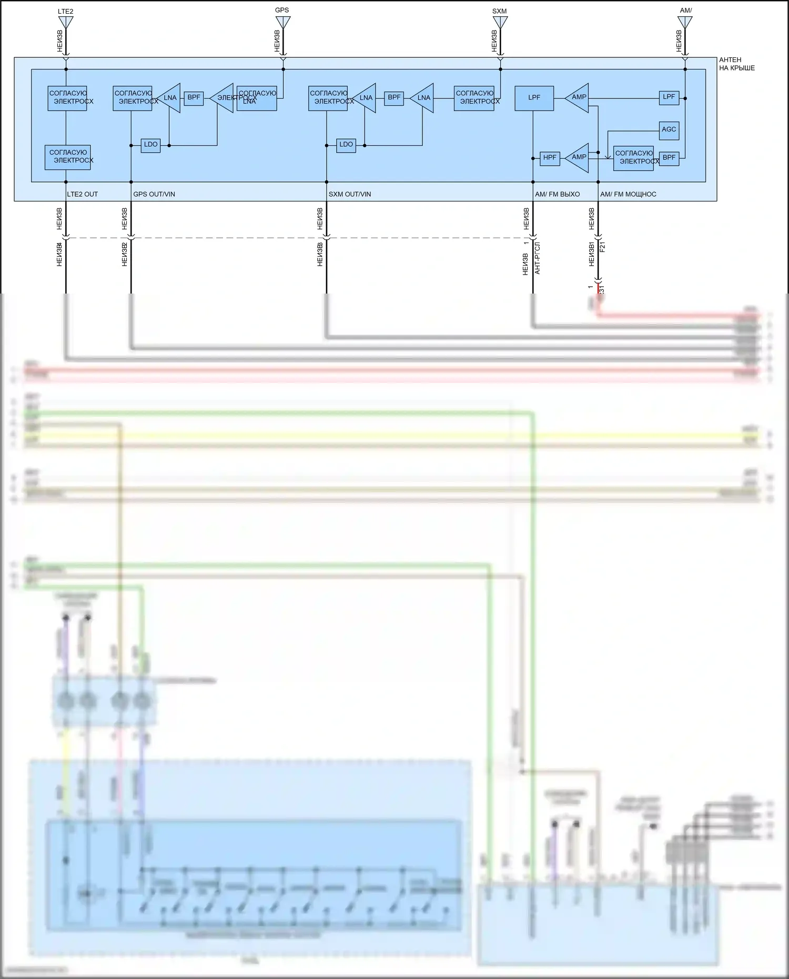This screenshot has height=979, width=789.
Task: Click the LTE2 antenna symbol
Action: (66, 22)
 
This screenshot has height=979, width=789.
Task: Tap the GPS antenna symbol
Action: (282, 22)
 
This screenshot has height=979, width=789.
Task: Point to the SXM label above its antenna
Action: (499, 11)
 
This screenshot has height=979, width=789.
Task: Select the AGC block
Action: (669, 129)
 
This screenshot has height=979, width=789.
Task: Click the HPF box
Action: (550, 158)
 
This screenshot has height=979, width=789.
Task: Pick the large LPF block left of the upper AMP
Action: (534, 98)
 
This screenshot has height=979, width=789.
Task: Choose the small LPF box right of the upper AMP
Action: (669, 97)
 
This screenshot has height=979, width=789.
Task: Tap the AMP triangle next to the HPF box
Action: (578, 157)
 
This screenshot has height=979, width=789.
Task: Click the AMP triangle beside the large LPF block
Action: (578, 97)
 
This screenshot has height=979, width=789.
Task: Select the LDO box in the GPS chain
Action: (150, 145)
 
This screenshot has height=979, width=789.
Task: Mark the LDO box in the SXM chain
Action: (346, 145)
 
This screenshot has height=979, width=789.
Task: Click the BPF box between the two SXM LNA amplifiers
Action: (394, 98)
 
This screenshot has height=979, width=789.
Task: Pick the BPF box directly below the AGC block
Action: (669, 158)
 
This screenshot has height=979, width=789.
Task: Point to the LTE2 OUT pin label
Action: (83, 194)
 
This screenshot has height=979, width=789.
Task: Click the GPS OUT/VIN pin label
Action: (154, 194)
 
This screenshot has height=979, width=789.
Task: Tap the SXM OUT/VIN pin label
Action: (350, 194)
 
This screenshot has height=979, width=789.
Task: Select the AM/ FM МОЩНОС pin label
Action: (628, 194)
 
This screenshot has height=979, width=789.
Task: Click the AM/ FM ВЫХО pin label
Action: (557, 194)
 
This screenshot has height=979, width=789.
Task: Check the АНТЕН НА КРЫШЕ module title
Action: (736, 64)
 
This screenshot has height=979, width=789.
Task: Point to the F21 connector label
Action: (603, 247)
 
